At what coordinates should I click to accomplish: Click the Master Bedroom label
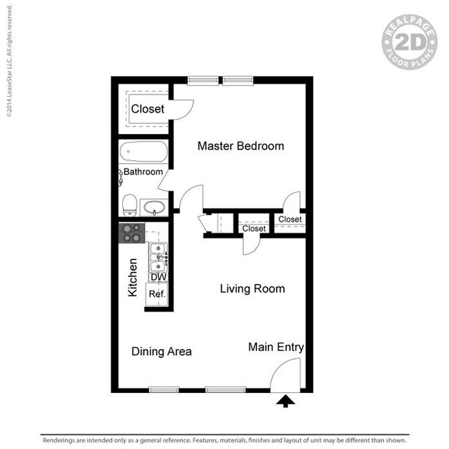[x=240, y=146]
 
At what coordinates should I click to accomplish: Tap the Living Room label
[x=252, y=289]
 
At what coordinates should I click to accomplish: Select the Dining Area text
[x=162, y=352]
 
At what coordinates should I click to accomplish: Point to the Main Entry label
[x=276, y=347]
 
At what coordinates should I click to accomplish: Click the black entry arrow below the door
[x=285, y=401]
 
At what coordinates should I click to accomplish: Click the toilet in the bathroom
[x=128, y=204]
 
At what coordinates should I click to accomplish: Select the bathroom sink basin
[x=153, y=207]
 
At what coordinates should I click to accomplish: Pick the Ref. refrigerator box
[x=157, y=294]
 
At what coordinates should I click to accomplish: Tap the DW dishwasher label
[x=158, y=277]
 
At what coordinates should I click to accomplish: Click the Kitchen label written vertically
[x=133, y=277]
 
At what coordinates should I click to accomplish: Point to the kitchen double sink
[x=158, y=256]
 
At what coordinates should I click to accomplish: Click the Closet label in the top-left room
[x=148, y=109]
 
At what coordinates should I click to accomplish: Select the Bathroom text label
[x=144, y=172]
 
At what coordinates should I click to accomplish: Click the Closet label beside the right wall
[x=289, y=220]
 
